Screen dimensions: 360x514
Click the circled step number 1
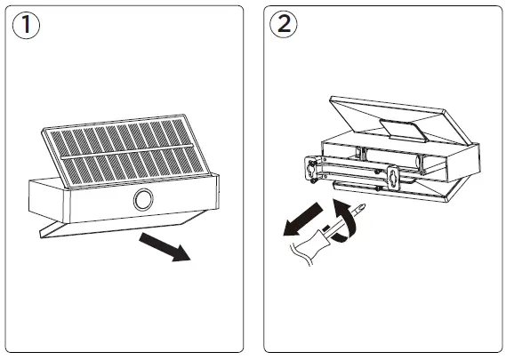click(x=25, y=25)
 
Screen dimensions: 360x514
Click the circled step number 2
click(x=284, y=25)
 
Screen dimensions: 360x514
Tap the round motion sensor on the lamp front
click(x=142, y=201)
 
